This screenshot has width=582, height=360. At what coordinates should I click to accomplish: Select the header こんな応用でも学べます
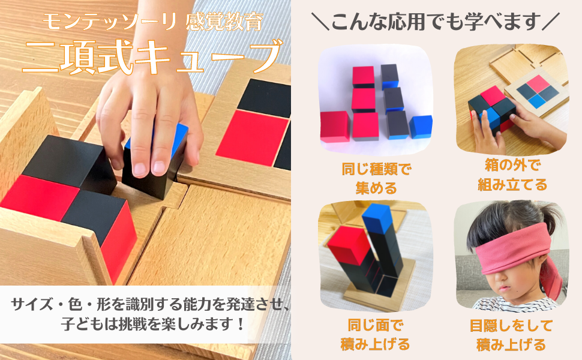[436, 22]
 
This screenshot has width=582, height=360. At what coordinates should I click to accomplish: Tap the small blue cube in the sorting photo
[421, 127]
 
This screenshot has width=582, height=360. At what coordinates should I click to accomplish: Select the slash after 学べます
[552, 22]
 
